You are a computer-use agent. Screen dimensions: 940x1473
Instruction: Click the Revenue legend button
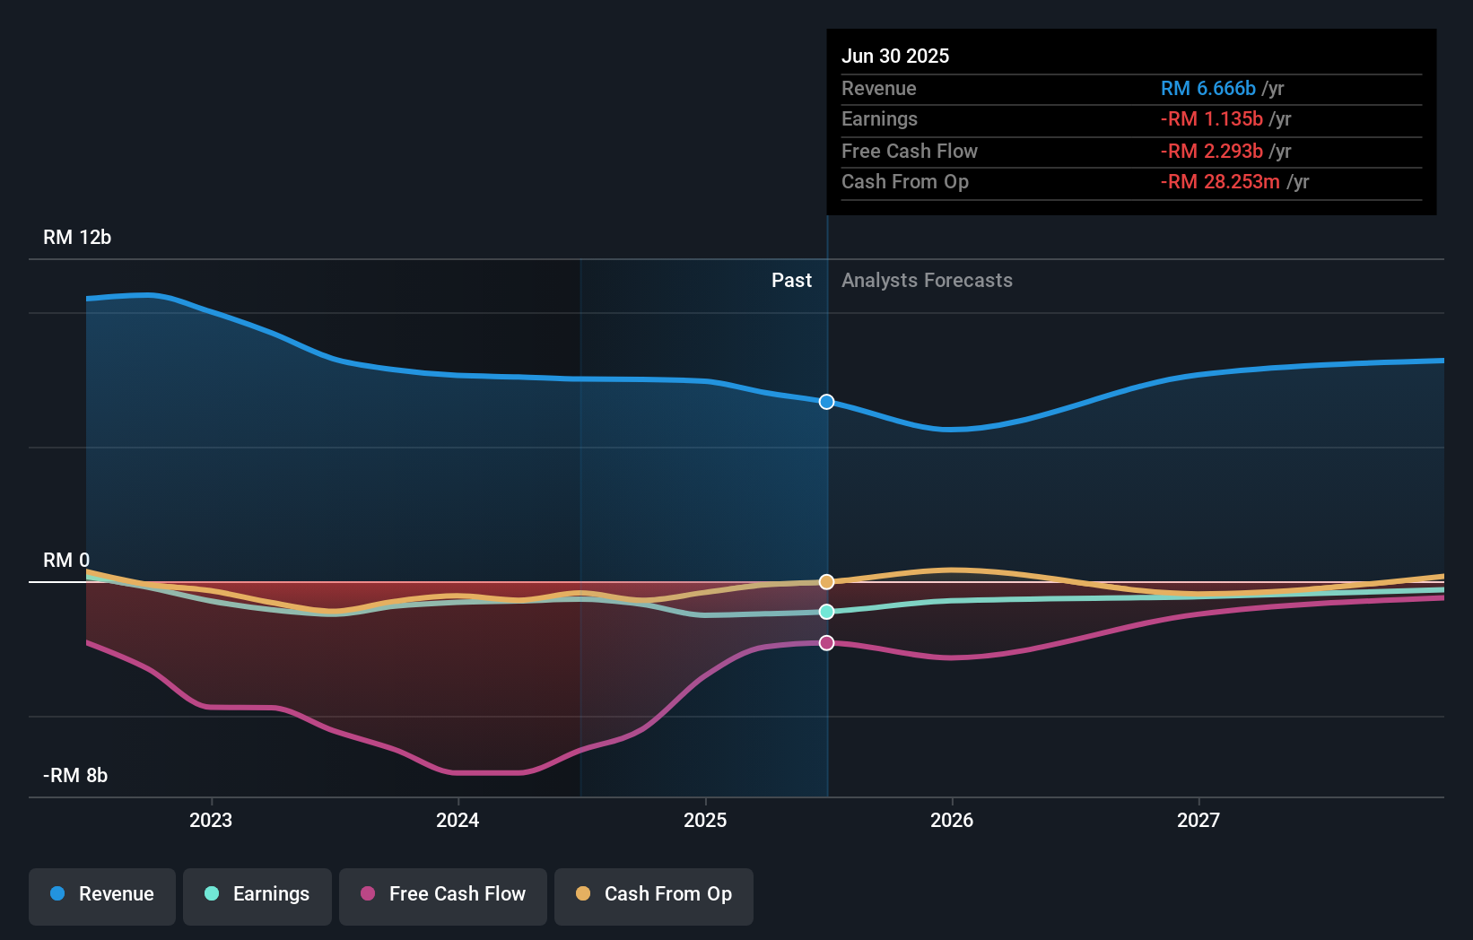click(x=102, y=894)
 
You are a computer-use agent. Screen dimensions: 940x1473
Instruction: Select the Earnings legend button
click(x=257, y=894)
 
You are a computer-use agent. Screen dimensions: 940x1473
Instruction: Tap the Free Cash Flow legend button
click(x=443, y=894)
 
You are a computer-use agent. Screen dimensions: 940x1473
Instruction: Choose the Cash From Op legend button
click(x=654, y=894)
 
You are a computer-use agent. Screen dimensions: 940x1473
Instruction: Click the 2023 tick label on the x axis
click(x=211, y=820)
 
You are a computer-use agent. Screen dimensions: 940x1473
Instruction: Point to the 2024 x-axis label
click(x=458, y=820)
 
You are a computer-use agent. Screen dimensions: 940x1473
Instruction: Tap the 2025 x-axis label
click(x=705, y=820)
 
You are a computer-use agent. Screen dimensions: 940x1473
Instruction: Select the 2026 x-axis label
click(x=952, y=820)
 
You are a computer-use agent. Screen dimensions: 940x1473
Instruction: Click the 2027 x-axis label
click(x=1198, y=820)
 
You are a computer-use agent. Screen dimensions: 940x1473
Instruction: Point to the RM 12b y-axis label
click(x=77, y=238)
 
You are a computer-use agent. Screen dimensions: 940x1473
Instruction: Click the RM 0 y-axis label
click(x=66, y=561)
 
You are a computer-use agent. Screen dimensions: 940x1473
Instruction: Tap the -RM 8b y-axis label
click(x=75, y=776)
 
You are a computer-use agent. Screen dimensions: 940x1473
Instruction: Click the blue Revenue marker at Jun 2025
click(x=827, y=402)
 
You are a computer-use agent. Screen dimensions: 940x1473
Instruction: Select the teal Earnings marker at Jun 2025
click(x=827, y=612)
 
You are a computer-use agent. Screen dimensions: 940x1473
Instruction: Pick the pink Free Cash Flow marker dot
click(x=827, y=643)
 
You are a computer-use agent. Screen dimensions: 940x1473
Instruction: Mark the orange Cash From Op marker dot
click(x=827, y=582)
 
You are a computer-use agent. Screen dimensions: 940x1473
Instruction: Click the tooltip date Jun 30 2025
click(x=895, y=57)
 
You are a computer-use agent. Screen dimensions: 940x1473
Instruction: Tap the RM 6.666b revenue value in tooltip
click(x=1207, y=89)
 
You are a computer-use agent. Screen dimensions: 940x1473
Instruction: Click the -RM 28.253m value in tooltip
click(x=1220, y=182)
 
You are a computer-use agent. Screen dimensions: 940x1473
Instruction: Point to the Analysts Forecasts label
click(x=927, y=281)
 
